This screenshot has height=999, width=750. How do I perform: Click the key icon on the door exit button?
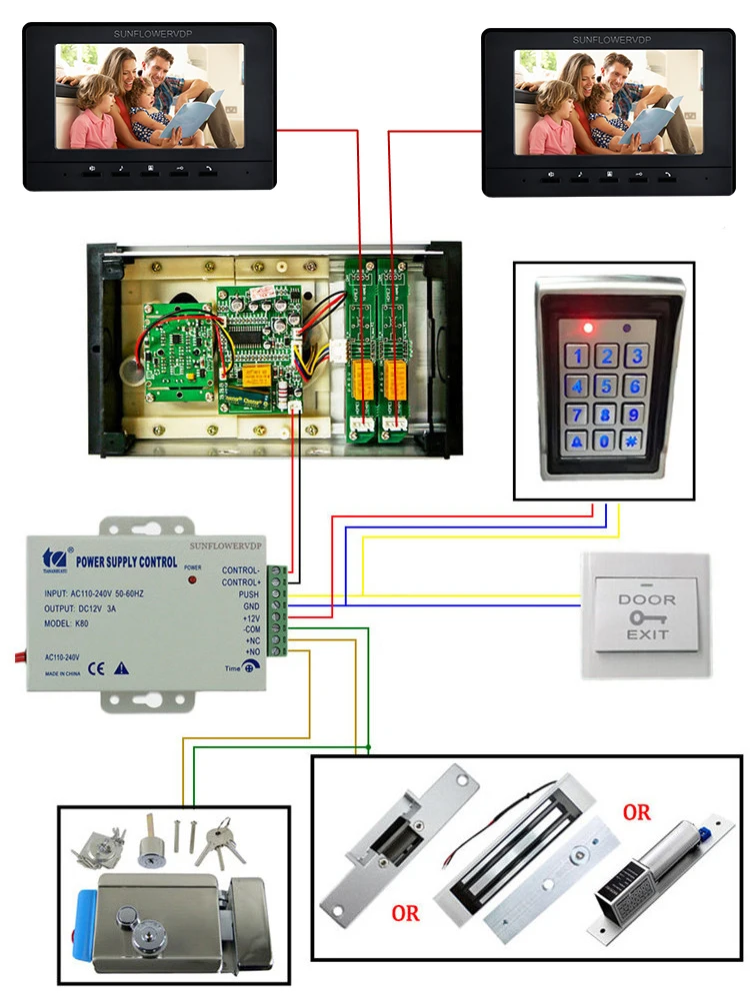click(646, 617)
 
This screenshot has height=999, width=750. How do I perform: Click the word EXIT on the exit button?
click(646, 634)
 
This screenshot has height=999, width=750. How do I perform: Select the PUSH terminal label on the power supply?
click(249, 593)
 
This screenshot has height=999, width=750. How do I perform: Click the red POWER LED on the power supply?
click(191, 580)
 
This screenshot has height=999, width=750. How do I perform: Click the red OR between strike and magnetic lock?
click(406, 912)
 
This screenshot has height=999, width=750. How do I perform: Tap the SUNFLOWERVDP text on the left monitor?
click(150, 35)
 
